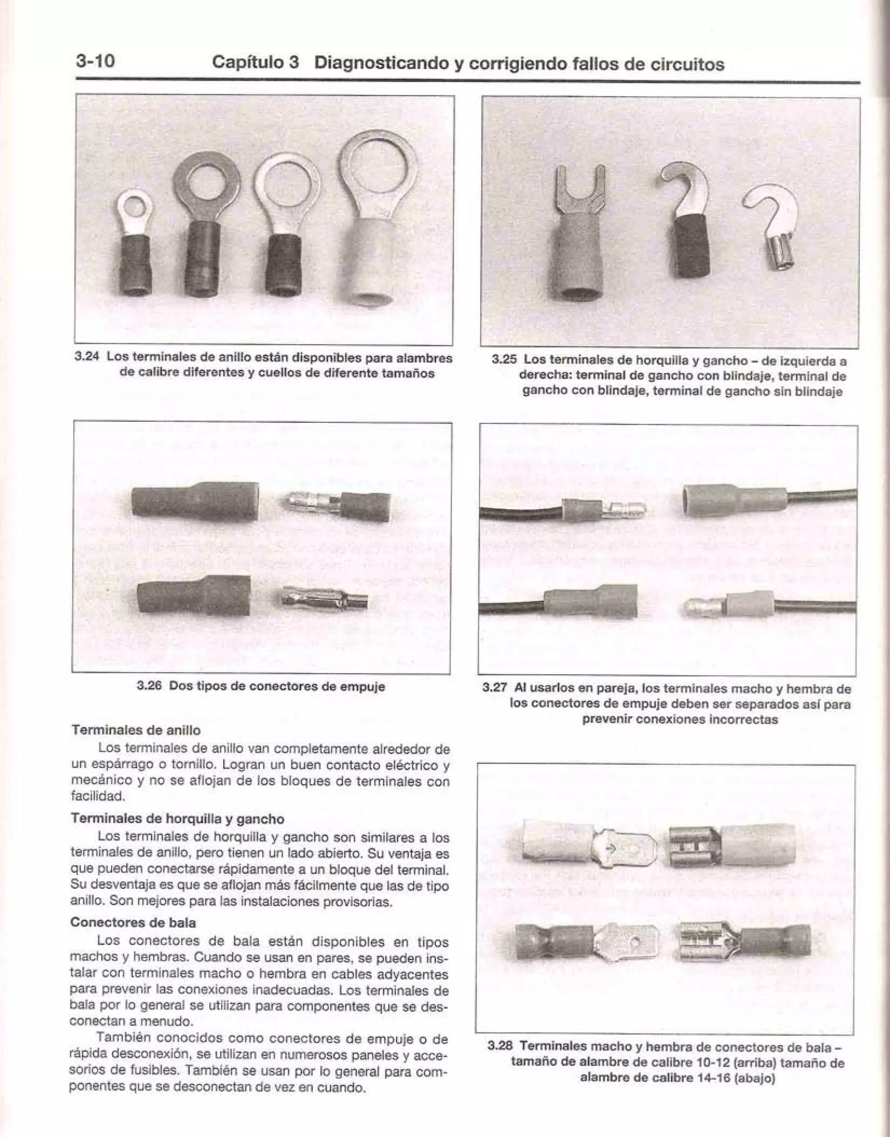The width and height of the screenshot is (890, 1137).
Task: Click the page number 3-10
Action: tap(95, 61)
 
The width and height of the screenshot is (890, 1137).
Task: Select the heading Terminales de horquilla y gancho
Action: tap(177, 819)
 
